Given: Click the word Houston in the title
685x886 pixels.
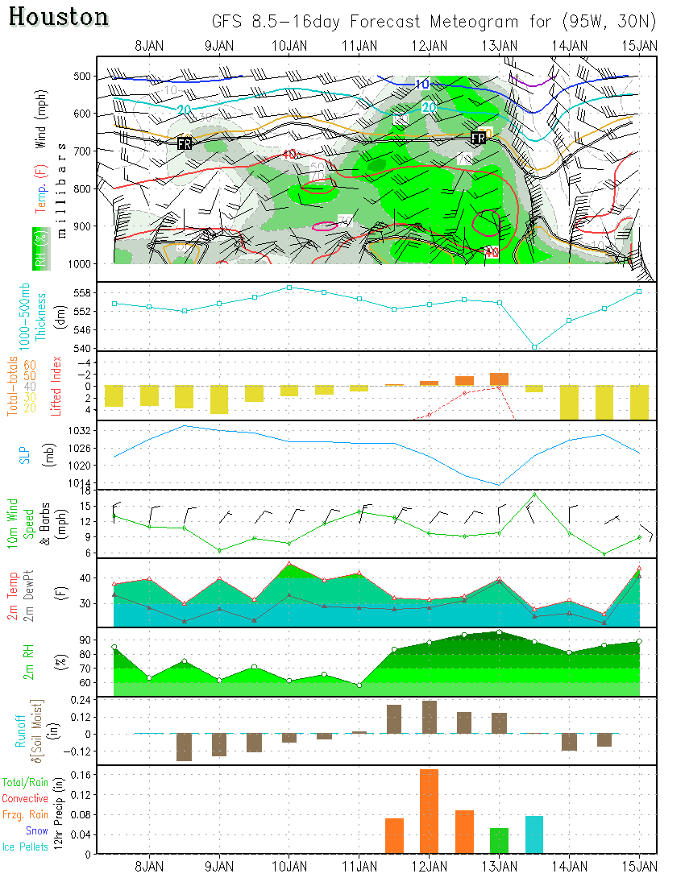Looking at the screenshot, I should coord(60,17).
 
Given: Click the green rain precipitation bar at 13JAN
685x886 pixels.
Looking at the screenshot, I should coord(499,840).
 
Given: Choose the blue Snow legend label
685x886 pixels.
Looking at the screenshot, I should coord(36,830).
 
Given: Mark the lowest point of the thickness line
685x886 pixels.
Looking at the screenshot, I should coord(534,346).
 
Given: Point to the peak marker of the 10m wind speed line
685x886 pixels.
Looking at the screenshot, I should coord(534,495).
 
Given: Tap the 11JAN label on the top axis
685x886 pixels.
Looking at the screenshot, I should coord(359,45).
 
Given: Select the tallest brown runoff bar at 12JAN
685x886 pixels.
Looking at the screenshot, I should coord(429,717).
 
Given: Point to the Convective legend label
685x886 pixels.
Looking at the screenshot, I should coord(25,798).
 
